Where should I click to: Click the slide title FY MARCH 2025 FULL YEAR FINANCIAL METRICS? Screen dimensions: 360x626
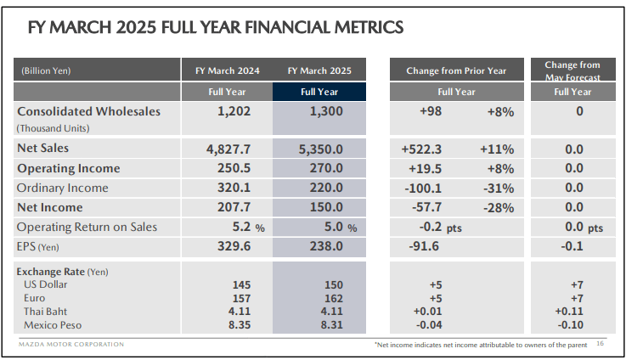[x=215, y=28]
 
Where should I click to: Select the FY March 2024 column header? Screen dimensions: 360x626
[x=226, y=70]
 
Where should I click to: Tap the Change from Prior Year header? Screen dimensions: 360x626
[x=456, y=70]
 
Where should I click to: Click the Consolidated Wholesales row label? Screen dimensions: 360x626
[x=88, y=111]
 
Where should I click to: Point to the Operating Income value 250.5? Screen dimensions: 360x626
[x=227, y=168]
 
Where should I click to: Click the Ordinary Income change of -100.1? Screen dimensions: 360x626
[x=426, y=188]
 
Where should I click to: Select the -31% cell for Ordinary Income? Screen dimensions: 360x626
[x=498, y=188]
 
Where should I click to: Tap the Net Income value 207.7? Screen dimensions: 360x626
[x=227, y=207]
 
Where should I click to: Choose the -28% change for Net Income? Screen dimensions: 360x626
[x=498, y=207]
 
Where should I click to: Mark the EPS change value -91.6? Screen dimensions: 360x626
[x=426, y=246]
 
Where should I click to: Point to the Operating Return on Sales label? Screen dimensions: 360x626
[x=87, y=227]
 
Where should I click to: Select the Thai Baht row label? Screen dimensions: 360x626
[x=48, y=312]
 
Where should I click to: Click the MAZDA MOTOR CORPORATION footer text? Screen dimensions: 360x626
[x=71, y=344]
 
